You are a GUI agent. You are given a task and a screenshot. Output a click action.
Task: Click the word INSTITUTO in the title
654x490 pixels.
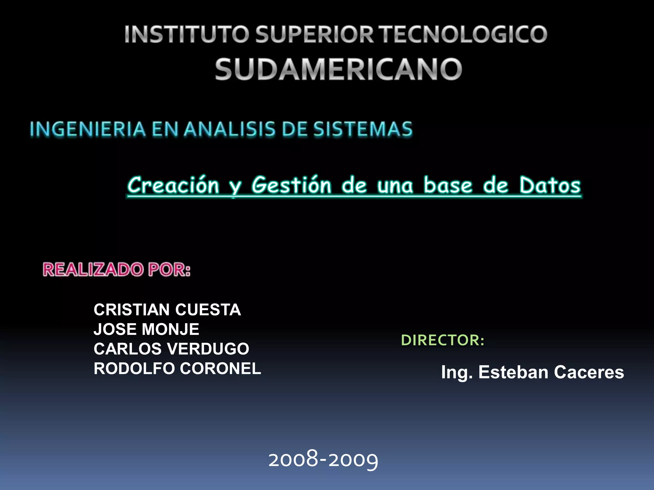[186, 34]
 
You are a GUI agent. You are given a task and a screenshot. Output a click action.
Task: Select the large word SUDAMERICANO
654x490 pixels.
[338, 69]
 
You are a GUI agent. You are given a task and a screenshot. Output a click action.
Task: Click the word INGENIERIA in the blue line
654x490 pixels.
[88, 129]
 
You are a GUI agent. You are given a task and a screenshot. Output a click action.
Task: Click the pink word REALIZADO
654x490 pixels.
[93, 270]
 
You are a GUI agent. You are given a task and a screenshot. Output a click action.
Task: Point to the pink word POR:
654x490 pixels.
[169, 270]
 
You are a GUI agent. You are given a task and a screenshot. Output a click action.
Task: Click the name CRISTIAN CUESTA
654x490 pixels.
[167, 310]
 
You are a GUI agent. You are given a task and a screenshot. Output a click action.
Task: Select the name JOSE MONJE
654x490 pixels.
[146, 329]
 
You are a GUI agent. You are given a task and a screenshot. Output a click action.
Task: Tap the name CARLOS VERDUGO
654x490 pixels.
[171, 349]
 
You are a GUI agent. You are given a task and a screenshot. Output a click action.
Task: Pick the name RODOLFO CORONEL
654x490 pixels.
[177, 368]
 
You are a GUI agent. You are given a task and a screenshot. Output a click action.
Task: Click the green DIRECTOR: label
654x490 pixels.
[443, 340]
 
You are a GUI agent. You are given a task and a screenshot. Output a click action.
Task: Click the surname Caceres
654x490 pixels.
[589, 372]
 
